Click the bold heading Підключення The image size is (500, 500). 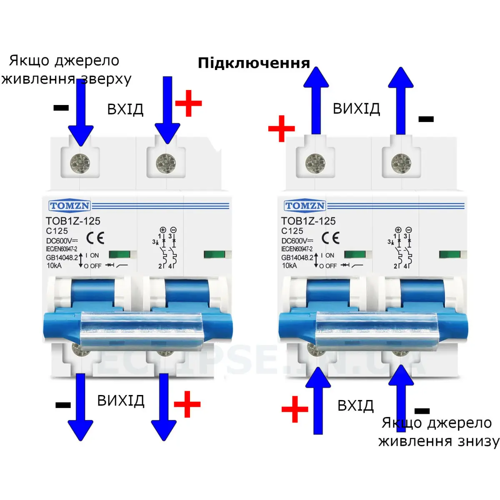tap(254, 63)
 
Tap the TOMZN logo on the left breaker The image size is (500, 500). tap(70, 206)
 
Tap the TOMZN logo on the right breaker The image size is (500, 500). tap(305, 206)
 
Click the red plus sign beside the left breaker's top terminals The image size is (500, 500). tap(189, 103)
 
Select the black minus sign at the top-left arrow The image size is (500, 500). tap(61, 108)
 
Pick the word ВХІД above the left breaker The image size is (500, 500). tap(125, 109)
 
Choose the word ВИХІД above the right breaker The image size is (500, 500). tap(356, 109)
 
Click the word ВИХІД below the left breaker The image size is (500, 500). tap(121, 401)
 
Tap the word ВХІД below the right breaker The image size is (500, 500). tap(355, 405)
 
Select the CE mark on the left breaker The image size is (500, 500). tap(95, 238)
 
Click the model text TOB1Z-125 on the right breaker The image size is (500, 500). tap(308, 221)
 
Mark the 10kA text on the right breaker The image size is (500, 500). tap(290, 265)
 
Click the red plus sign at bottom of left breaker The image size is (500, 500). tap(187, 404)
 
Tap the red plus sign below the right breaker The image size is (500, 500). tap(295, 409)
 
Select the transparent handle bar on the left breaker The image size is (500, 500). tap(141, 330)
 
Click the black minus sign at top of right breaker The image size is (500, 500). tap(426, 119)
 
